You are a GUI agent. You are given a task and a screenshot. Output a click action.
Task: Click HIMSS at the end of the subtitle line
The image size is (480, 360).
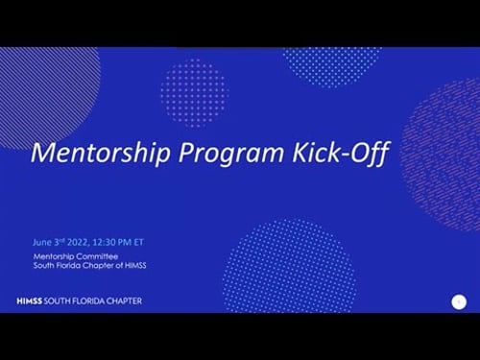click(148, 266)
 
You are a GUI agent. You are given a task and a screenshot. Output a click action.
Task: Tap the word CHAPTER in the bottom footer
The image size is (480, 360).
click(123, 300)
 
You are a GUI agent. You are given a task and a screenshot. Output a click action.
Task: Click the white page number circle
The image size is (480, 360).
click(458, 301)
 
